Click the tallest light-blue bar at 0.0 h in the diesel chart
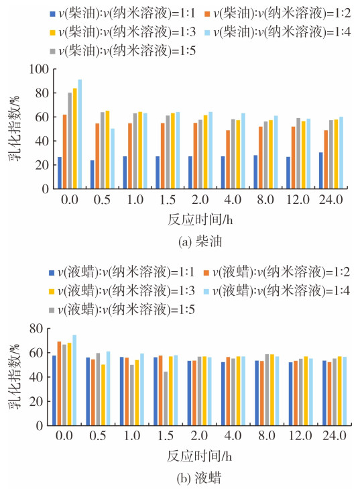(x=80, y=134)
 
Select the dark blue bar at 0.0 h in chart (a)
(x=60, y=173)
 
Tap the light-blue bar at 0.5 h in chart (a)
(x=113, y=159)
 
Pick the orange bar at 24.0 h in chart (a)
(x=326, y=160)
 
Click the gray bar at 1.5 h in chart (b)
(x=166, y=398)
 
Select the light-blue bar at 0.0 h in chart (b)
(x=74, y=380)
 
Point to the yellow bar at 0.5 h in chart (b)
(x=103, y=395)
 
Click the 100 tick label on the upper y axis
(x=39, y=69)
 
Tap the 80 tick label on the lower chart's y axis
(x=36, y=329)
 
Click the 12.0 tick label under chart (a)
(x=298, y=200)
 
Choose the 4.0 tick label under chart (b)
(x=233, y=435)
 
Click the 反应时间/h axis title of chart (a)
(x=200, y=220)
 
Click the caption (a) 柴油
(x=200, y=241)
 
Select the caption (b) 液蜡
(x=199, y=478)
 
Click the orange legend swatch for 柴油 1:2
(x=207, y=14)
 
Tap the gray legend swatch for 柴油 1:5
(x=52, y=51)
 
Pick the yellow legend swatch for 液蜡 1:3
(x=52, y=292)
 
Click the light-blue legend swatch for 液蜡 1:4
(x=206, y=292)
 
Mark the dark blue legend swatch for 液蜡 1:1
(x=52, y=273)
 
